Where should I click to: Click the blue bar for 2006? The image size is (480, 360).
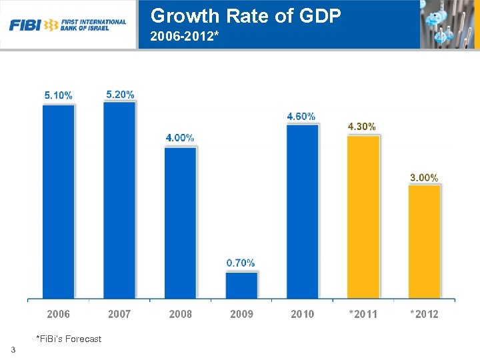(59, 201)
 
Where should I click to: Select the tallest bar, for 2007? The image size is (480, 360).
(119, 199)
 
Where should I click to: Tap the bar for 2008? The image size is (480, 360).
(181, 223)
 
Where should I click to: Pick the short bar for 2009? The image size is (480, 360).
(241, 285)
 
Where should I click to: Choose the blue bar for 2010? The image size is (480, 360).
(303, 211)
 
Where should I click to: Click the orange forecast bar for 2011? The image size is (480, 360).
(363, 217)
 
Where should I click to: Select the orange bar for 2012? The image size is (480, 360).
(425, 241)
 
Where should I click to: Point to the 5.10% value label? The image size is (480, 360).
(59, 95)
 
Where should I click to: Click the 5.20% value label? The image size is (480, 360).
(120, 94)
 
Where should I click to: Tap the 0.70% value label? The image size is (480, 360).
(241, 263)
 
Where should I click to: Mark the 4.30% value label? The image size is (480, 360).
(362, 126)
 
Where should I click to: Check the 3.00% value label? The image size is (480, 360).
(424, 177)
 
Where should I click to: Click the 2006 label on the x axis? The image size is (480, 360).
(59, 313)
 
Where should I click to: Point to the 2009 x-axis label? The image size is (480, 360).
(241, 313)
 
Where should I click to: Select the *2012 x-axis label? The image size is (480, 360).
(425, 313)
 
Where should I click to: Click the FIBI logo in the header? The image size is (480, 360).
(67, 25)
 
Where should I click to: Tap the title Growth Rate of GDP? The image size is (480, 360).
(246, 15)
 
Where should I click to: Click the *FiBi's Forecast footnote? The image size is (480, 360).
(69, 339)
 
